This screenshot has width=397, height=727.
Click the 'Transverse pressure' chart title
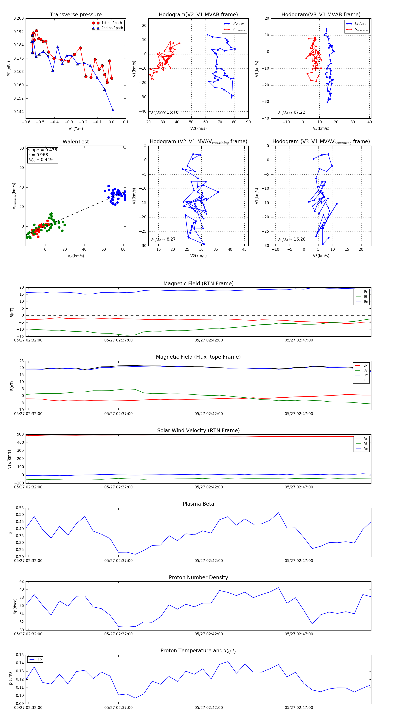[76, 15]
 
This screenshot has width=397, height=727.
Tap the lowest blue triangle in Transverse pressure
[113, 110]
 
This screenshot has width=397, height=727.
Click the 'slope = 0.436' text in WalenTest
[42, 150]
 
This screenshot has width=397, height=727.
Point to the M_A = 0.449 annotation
[40, 160]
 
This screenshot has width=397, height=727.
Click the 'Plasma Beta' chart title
[198, 504]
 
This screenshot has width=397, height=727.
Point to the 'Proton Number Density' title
[198, 577]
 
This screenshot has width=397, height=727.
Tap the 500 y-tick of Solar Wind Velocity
[20, 434]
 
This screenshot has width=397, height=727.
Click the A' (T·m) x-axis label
[76, 129]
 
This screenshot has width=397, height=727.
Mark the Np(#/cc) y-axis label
[15, 606]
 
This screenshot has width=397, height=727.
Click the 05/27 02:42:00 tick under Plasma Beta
[208, 560]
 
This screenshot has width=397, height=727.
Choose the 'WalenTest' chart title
[76, 142]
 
